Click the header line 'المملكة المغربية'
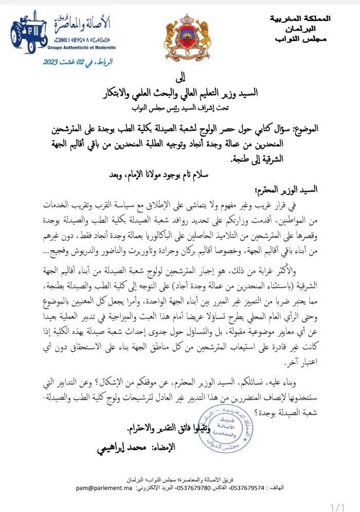300,19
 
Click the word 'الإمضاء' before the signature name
163,447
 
